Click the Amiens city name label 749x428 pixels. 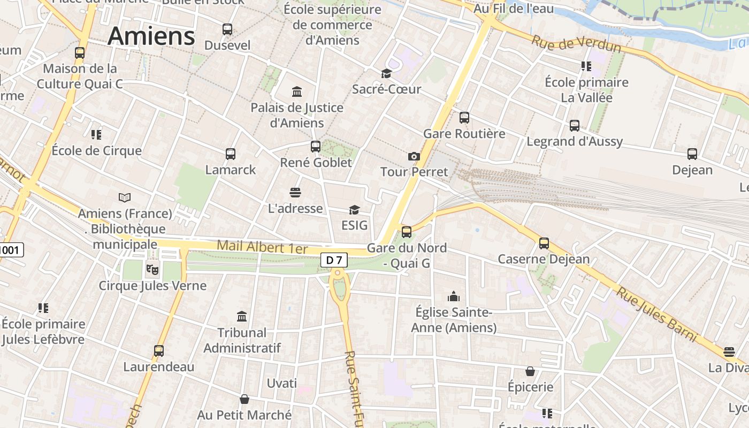(151, 36)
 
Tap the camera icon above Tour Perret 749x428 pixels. (414, 156)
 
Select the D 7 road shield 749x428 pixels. (334, 260)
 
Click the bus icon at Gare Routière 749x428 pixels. (464, 118)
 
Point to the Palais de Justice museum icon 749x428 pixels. (297, 91)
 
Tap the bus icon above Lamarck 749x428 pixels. (231, 154)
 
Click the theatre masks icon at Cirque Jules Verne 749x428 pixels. (152, 269)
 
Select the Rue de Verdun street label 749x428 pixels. (577, 44)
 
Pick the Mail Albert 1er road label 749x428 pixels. (262, 247)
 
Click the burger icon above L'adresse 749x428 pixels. (295, 192)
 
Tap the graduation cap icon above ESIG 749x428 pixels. (354, 209)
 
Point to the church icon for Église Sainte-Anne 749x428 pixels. (454, 296)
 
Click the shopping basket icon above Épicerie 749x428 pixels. (530, 371)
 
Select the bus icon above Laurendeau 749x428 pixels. (159, 351)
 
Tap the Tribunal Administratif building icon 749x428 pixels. (242, 317)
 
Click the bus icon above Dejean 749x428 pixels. (692, 154)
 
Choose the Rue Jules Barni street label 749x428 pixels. (657, 314)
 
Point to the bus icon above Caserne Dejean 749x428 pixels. (544, 243)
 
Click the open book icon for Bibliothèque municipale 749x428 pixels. (125, 198)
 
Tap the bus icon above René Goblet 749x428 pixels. (316, 146)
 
